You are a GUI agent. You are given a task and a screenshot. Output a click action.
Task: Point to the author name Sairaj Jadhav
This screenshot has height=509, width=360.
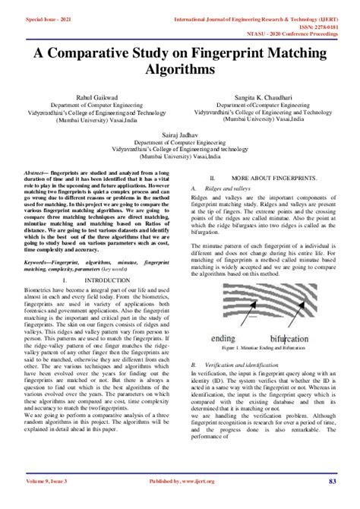pos(180,133)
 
